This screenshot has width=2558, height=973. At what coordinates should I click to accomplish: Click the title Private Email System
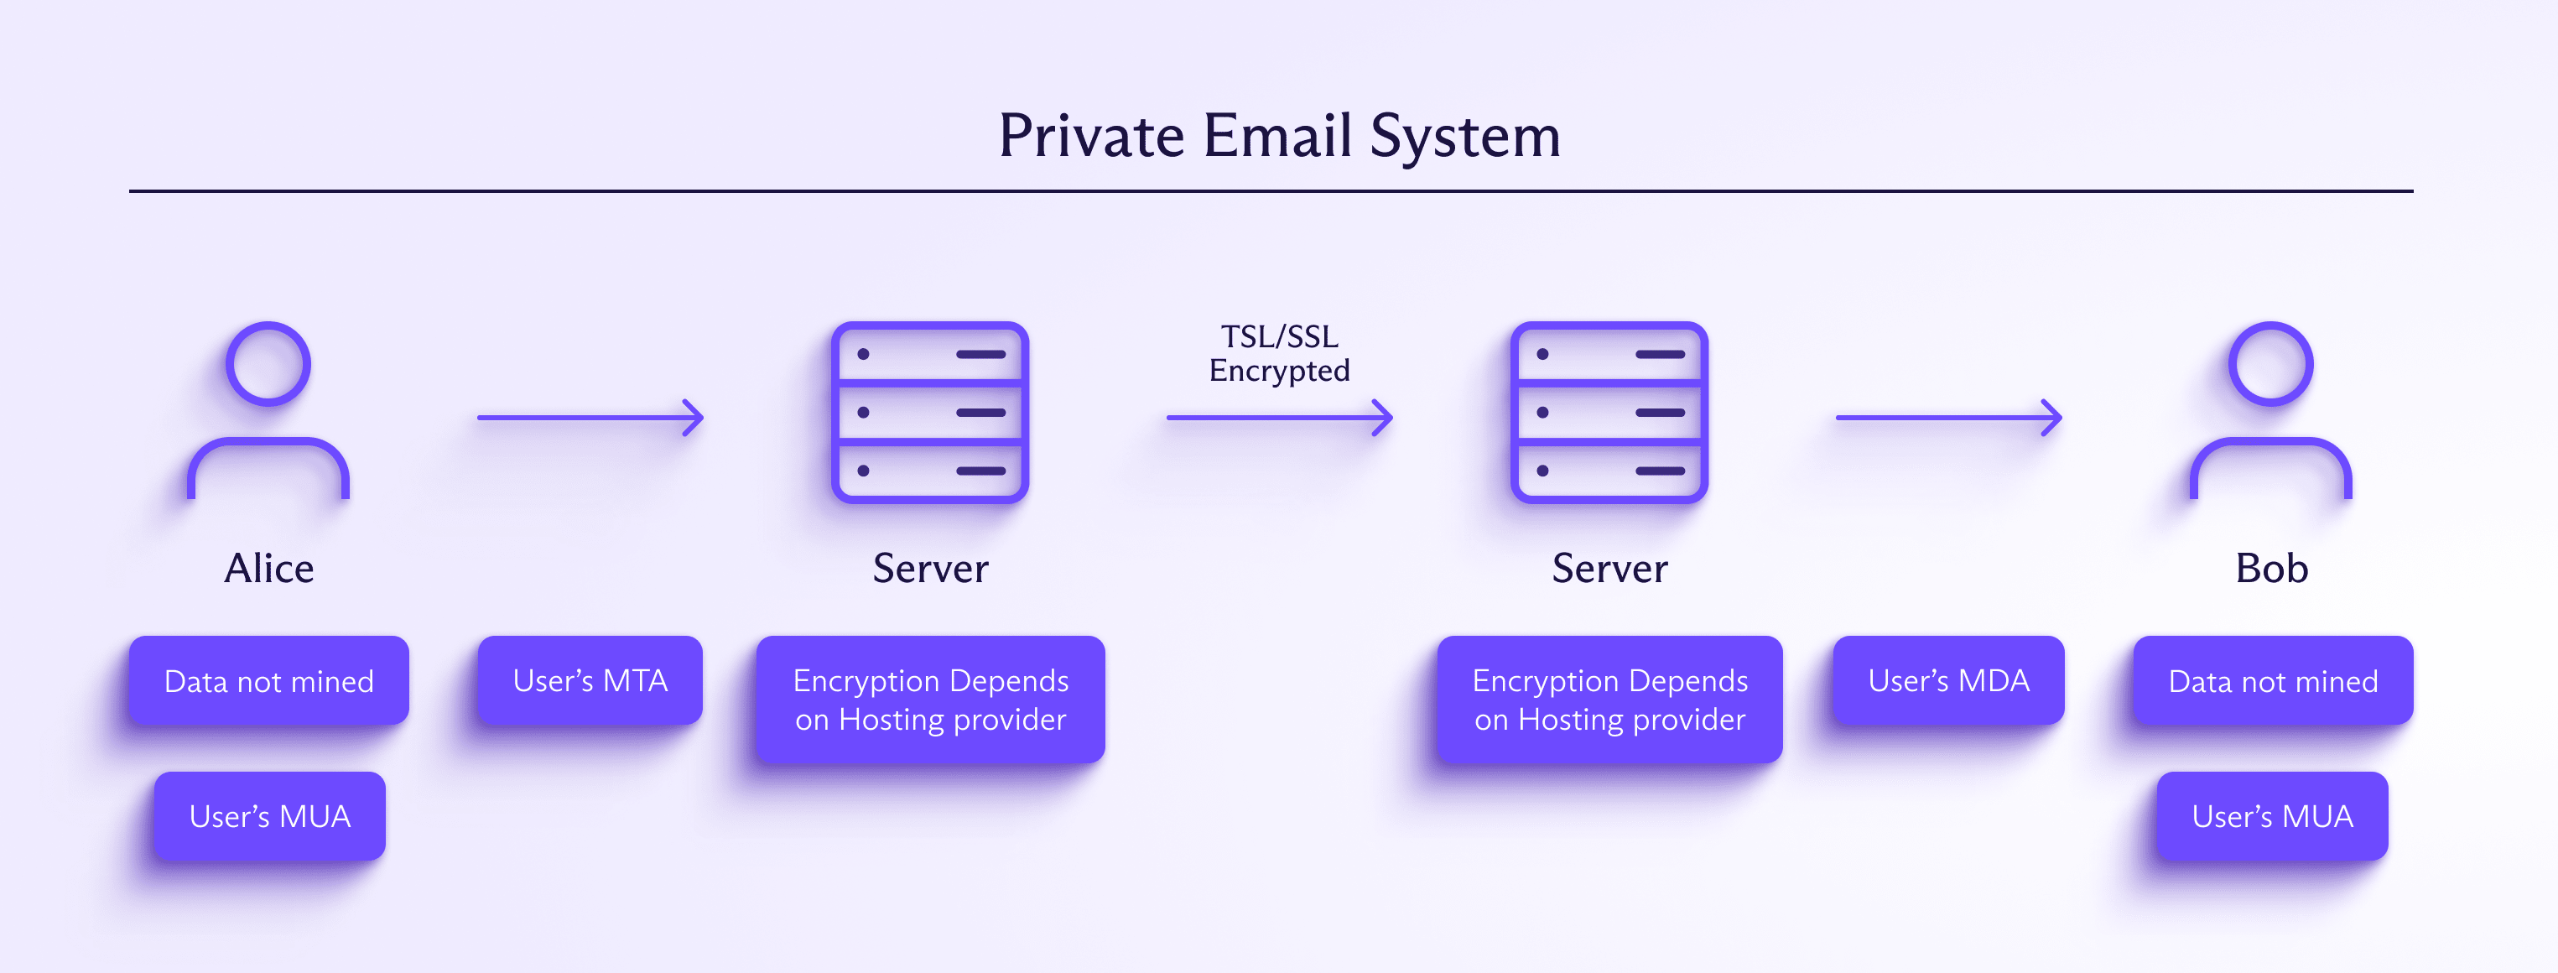pyautogui.click(x=1279, y=136)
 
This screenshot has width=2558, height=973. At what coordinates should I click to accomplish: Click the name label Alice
pyautogui.click(x=269, y=569)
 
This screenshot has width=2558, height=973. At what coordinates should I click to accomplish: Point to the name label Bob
pyautogui.click(x=2271, y=569)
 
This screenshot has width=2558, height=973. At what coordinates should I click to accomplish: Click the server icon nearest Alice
pyautogui.click(x=929, y=412)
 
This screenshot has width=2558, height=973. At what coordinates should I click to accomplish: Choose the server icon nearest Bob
pyautogui.click(x=1609, y=412)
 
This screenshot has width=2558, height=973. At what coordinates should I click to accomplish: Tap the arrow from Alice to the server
pyautogui.click(x=590, y=418)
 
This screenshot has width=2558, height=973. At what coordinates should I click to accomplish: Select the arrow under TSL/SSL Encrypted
pyautogui.click(x=1279, y=418)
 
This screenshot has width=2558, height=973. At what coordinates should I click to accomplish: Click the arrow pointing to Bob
pyautogui.click(x=1948, y=418)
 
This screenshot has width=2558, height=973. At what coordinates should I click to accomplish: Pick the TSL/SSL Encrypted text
pyautogui.click(x=1279, y=353)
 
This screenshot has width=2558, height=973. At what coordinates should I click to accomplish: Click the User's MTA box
pyautogui.click(x=590, y=681)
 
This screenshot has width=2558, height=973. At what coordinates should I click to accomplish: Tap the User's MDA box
pyautogui.click(x=1948, y=681)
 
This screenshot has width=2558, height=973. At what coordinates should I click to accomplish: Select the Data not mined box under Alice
pyautogui.click(x=269, y=681)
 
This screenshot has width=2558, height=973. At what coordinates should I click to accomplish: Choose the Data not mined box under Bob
pyautogui.click(x=2273, y=681)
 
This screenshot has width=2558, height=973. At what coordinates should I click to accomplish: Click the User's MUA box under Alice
pyautogui.click(x=270, y=816)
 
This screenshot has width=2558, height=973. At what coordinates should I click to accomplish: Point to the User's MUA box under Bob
pyautogui.click(x=2272, y=816)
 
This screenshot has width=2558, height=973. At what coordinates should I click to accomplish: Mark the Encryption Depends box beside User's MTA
pyautogui.click(x=930, y=700)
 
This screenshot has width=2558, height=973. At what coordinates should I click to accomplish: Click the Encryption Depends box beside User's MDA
pyautogui.click(x=1609, y=700)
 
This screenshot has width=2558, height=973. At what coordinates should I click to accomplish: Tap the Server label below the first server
pyautogui.click(x=930, y=569)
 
